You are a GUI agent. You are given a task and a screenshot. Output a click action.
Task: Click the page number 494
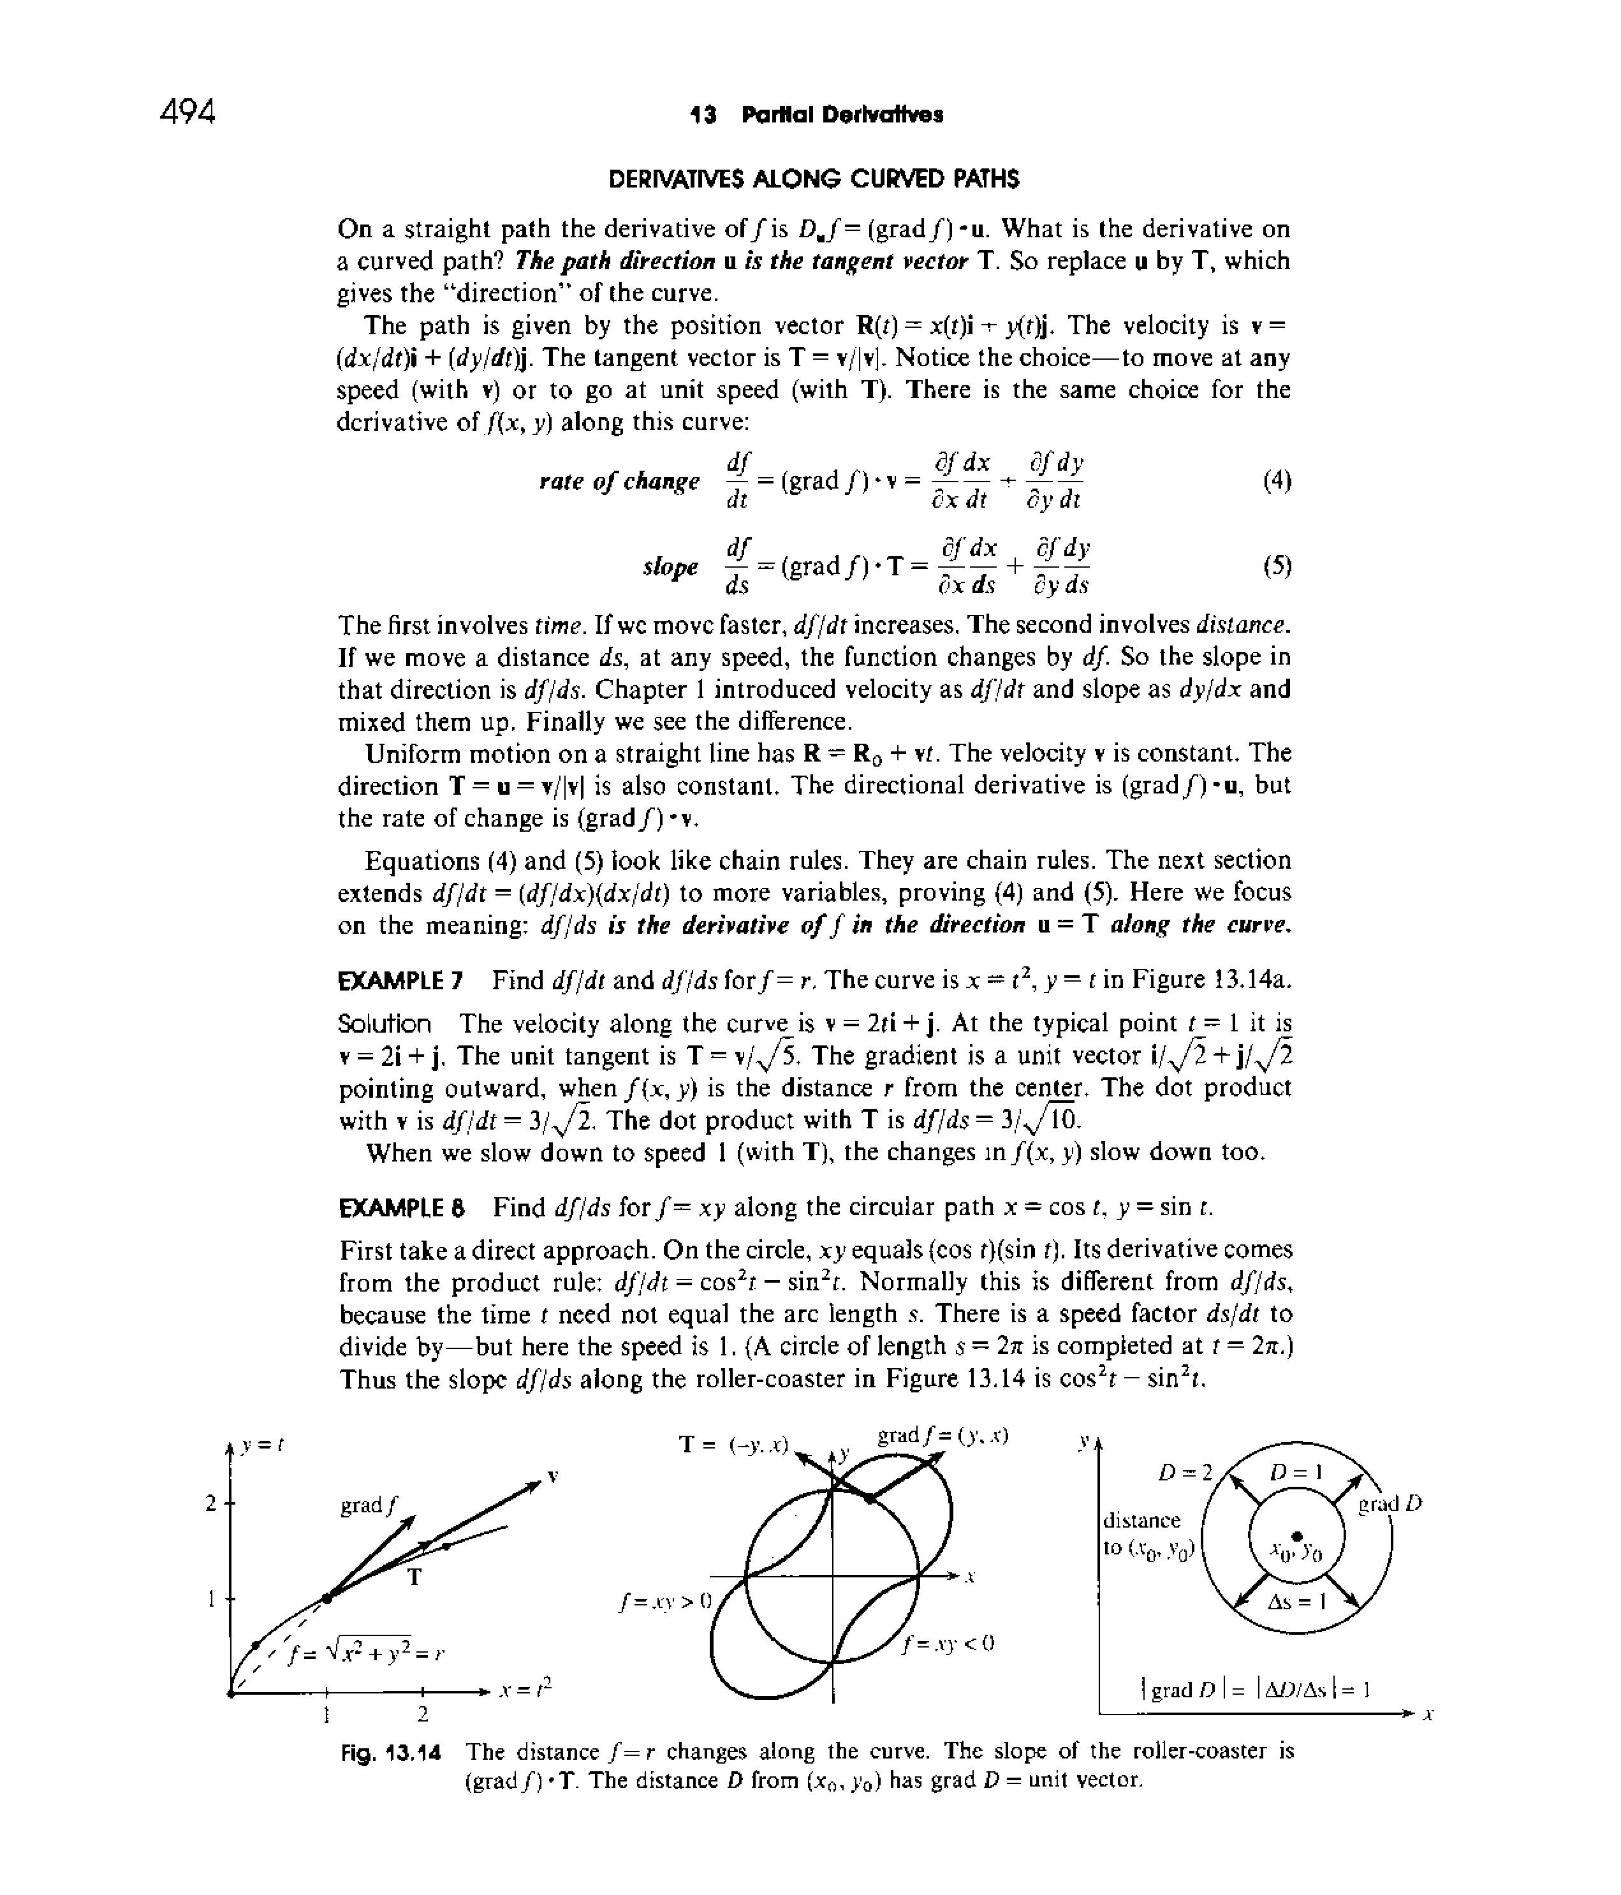coord(187,112)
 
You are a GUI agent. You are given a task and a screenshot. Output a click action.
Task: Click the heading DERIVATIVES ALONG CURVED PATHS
coord(814,179)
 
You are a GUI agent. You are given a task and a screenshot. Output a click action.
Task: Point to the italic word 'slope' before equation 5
coord(671,567)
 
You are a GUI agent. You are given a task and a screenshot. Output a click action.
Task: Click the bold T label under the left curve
coord(414,1577)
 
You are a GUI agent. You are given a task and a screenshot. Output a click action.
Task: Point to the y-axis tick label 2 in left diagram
coord(210,1503)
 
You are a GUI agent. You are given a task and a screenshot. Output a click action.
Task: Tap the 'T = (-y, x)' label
coord(734,1444)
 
